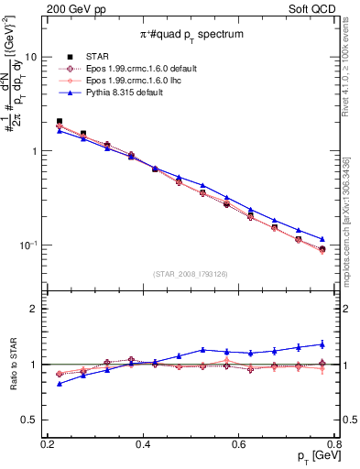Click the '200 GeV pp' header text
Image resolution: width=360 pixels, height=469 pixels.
point(73,7)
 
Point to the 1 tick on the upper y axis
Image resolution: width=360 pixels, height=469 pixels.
point(37,151)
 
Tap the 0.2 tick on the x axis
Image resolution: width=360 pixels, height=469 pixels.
point(48,444)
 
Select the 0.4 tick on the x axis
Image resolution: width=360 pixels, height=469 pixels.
point(142,444)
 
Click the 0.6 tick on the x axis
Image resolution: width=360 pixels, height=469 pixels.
point(238,444)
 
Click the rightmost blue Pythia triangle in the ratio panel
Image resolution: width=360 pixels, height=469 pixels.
point(322,344)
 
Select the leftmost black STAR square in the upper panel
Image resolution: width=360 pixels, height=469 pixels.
point(60,121)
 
